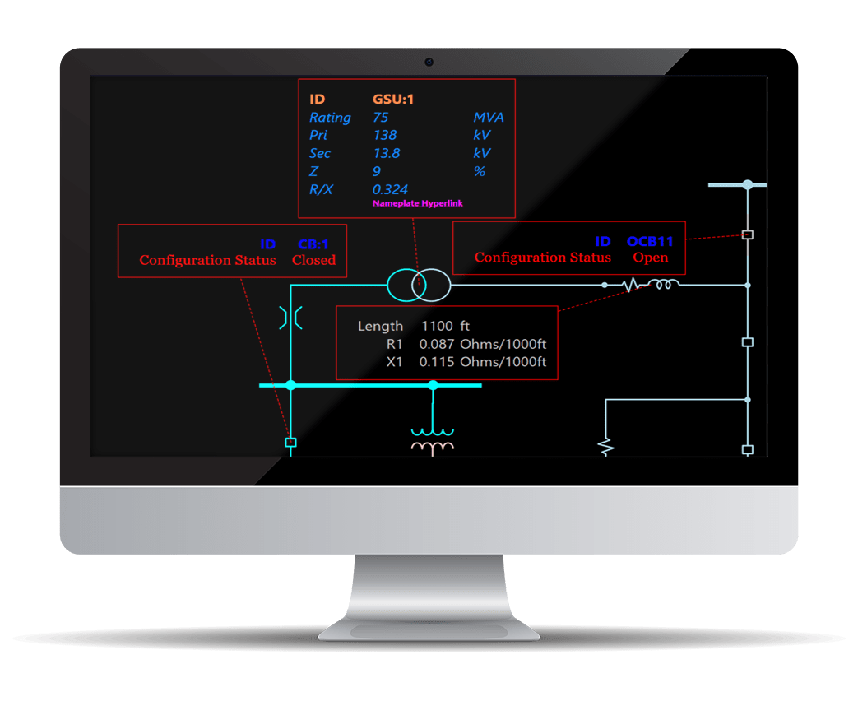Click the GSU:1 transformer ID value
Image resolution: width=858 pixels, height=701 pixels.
pos(392,100)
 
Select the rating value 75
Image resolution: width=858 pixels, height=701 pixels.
pos(380,118)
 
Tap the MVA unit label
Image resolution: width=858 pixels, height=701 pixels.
pos(488,118)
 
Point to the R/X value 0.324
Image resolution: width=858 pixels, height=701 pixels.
pos(390,190)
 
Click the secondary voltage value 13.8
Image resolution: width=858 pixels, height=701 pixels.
pos(386,154)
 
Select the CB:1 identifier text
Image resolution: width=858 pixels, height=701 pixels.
pos(313,244)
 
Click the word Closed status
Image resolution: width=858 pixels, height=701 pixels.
pos(313,260)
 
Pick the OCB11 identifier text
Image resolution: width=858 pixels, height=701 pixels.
pos(650,242)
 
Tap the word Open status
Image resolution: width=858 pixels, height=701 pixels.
pos(650,258)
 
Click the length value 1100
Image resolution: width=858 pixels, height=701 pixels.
pos(437,327)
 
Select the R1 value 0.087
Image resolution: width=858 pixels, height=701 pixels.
pos(436,345)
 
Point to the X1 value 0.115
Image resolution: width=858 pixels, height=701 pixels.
pos(436,362)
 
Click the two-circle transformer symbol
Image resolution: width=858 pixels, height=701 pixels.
pos(418,285)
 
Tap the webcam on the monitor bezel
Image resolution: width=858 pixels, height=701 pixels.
pos(429,62)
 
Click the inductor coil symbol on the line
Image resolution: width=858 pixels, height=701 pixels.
pos(663,285)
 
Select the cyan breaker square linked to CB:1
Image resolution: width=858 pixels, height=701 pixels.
pos(290,443)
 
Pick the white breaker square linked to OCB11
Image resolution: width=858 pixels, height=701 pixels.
pos(747,234)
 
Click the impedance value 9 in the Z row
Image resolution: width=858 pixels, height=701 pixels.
pos(377,172)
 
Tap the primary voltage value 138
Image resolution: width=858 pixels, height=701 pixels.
pos(384,136)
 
